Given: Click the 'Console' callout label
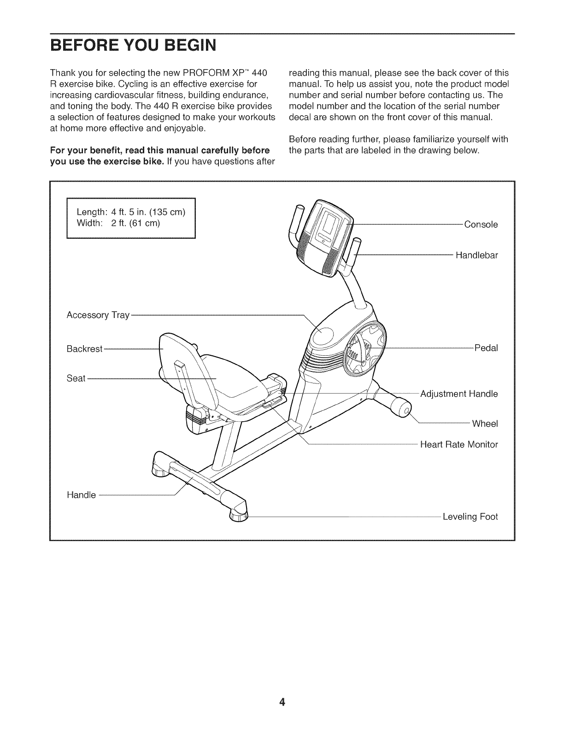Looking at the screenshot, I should tap(481, 225).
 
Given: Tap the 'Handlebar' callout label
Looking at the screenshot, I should tap(476, 255).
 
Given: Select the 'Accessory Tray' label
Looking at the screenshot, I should tap(97, 315).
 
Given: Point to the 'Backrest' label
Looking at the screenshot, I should tap(84, 349).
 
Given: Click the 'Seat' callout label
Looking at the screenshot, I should tap(76, 378).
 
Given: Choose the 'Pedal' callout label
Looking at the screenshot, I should tap(486, 348).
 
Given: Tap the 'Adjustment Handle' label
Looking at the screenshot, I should tap(459, 394).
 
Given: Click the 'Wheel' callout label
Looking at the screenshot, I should tap(485, 424).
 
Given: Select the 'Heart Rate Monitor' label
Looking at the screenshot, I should tap(459, 445).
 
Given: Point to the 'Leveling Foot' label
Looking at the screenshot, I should tap(470, 517).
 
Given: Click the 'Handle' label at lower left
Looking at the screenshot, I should tap(81, 495).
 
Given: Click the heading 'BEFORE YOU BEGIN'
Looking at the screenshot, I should tap(133, 46).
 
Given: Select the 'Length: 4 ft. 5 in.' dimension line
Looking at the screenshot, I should tap(131, 212).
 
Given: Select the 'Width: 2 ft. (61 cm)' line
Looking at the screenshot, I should tap(118, 224).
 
